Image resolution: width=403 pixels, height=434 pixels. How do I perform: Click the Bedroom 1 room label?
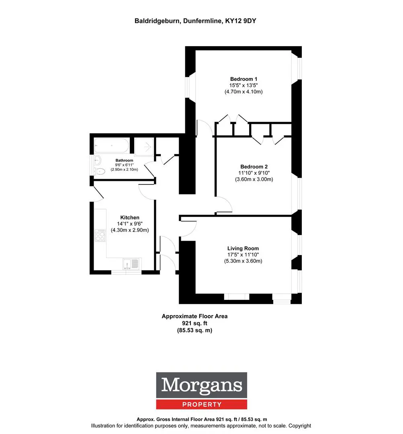click(243, 79)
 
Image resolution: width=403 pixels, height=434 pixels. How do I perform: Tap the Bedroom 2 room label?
click(254, 167)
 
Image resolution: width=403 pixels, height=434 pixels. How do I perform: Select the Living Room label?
click(243, 249)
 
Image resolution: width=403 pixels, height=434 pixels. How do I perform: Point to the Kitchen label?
click(129, 217)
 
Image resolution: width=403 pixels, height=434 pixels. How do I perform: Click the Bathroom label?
click(124, 160)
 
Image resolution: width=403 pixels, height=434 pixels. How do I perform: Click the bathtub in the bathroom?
click(112, 145)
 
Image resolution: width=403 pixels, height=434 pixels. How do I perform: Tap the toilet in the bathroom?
click(99, 172)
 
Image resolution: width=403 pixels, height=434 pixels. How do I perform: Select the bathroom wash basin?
click(97, 160)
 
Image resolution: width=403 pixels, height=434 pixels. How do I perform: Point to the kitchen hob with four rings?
click(100, 235)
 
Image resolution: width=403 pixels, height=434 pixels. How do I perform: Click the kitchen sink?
click(131, 264)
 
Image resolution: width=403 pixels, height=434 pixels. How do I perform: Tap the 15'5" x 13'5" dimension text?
click(243, 85)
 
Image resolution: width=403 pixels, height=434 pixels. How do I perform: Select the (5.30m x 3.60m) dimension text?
click(243, 261)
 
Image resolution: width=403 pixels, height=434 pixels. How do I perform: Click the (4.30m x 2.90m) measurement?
click(130, 230)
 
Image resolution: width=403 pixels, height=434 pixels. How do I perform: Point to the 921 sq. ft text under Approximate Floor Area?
click(194, 323)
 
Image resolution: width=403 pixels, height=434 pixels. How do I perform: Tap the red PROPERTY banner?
click(202, 404)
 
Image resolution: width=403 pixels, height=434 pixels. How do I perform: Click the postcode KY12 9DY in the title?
click(241, 21)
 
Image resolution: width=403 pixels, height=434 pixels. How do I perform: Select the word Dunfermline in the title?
click(203, 21)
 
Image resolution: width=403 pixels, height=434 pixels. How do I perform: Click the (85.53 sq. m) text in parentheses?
click(194, 330)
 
